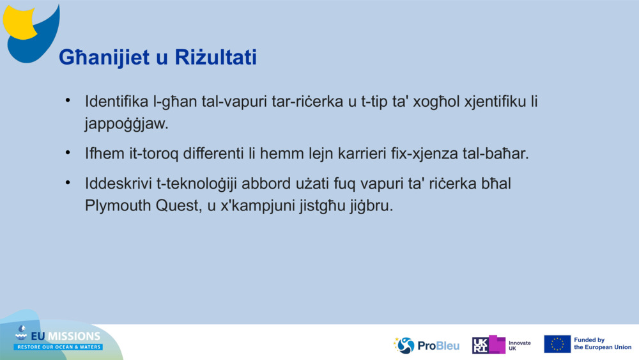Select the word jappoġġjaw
tap(126, 123)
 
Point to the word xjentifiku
tap(488, 101)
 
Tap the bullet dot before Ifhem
tap(68, 153)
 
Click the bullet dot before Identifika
tap(68, 101)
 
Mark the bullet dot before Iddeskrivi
tap(68, 184)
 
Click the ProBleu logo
tap(426, 345)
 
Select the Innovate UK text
tap(519, 345)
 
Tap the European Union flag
tap(557, 344)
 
